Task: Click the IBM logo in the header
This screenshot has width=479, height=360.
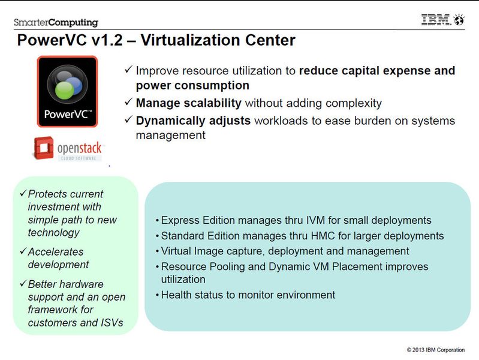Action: pyautogui.click(x=436, y=20)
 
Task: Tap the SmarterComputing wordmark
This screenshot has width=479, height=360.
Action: pyautogui.click(x=56, y=22)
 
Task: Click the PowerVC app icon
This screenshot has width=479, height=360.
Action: pyautogui.click(x=67, y=91)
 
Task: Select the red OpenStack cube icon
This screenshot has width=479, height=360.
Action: pyautogui.click(x=43, y=148)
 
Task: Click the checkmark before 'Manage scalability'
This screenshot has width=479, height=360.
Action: pyautogui.click(x=128, y=101)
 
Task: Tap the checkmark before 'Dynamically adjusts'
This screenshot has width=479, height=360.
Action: pyautogui.click(x=128, y=119)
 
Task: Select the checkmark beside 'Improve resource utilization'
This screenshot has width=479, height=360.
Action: pyautogui.click(x=128, y=69)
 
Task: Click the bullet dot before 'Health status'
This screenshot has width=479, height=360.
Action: pyautogui.click(x=157, y=295)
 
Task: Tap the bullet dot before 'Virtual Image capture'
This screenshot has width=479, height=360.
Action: pyautogui.click(x=157, y=251)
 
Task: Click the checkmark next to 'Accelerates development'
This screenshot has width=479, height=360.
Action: pyautogui.click(x=23, y=251)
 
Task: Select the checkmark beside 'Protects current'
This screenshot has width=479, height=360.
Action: pyautogui.click(x=23, y=193)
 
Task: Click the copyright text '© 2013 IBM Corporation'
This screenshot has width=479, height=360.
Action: pyautogui.click(x=436, y=350)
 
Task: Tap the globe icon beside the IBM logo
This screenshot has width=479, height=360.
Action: pyautogui.click(x=459, y=20)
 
